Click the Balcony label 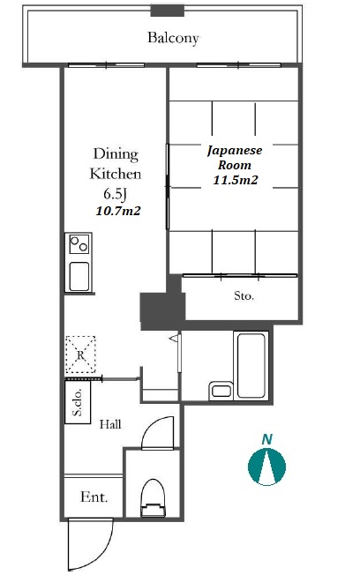pyautogui.click(x=173, y=38)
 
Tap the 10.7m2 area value pyautogui.click(x=118, y=211)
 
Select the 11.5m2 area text pyautogui.click(x=236, y=180)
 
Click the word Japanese pyautogui.click(x=235, y=151)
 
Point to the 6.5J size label pyautogui.click(x=115, y=194)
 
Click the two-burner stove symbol pyautogui.click(x=79, y=244)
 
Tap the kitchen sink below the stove pyautogui.click(x=79, y=277)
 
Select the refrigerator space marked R pyautogui.click(x=80, y=355)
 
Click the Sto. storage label pyautogui.click(x=244, y=295)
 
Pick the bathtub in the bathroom pyautogui.click(x=251, y=365)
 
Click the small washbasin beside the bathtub pyautogui.click(x=221, y=391)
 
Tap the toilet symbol pyautogui.click(x=153, y=498)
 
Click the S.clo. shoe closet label pyautogui.click(x=78, y=402)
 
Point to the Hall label pyautogui.click(x=110, y=425)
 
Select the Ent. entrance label pyautogui.click(x=94, y=497)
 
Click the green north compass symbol pyautogui.click(x=266, y=467)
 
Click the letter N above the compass pyautogui.click(x=267, y=439)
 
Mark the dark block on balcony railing pyautogui.click(x=168, y=10)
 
